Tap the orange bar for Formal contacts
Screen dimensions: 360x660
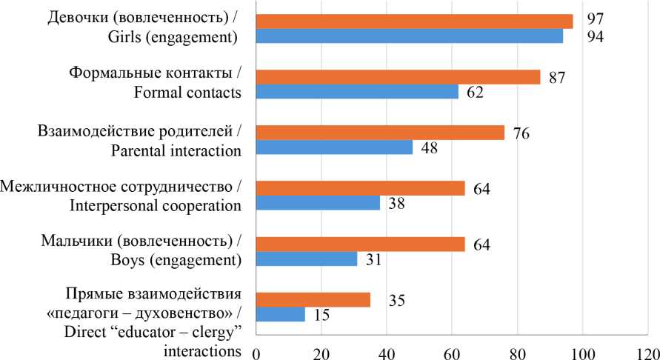click(x=399, y=77)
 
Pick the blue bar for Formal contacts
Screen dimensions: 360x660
click(x=358, y=92)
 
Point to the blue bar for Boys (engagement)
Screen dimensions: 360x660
click(x=307, y=259)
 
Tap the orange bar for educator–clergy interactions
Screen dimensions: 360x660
click(x=313, y=299)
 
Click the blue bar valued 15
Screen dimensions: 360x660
click(x=281, y=314)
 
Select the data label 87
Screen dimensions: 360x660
click(x=558, y=77)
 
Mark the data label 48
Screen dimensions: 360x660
click(x=429, y=148)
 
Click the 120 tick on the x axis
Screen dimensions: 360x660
click(x=647, y=350)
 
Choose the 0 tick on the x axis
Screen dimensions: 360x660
click(x=256, y=350)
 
